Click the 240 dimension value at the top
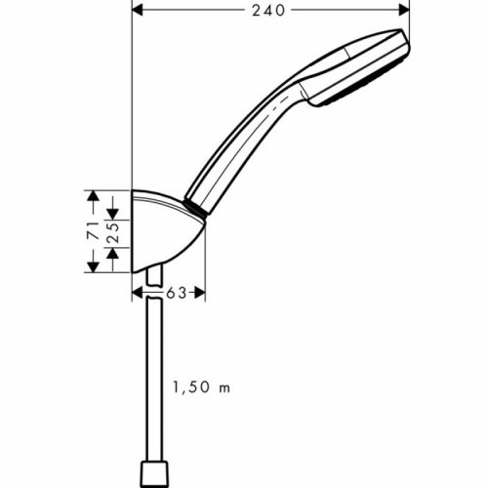(x=265, y=11)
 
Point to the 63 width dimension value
(x=176, y=291)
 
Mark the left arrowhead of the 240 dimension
(x=137, y=11)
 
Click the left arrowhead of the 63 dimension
(x=137, y=291)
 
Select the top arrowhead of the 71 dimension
(x=94, y=195)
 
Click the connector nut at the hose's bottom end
(x=152, y=472)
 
